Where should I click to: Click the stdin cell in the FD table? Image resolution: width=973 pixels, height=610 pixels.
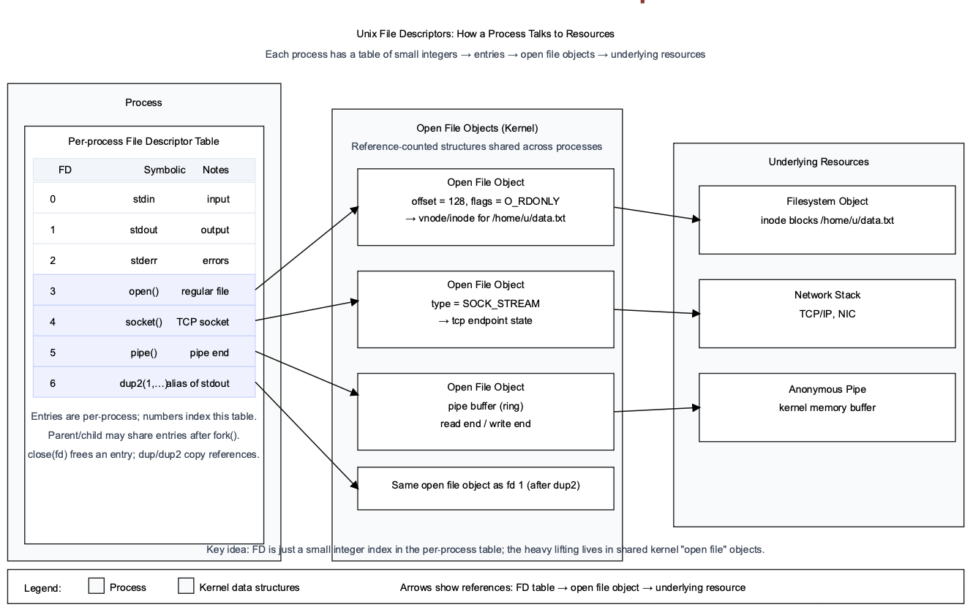[143, 199]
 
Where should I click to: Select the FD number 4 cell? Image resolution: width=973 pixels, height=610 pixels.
[53, 322]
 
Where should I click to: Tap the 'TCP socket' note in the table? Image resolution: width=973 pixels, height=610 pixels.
[203, 322]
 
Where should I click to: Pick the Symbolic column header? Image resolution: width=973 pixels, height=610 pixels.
[165, 170]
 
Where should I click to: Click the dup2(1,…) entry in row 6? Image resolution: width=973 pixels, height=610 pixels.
[143, 383]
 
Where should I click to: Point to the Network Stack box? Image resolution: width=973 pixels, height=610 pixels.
[827, 313]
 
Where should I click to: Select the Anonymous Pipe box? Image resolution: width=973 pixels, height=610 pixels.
[827, 407]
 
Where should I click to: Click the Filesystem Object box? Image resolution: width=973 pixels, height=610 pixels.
[827, 219]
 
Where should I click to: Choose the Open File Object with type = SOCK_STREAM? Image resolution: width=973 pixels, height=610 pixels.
[485, 309]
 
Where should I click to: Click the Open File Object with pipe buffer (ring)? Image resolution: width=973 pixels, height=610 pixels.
[485, 411]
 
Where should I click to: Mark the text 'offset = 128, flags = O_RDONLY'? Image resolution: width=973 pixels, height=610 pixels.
[485, 200]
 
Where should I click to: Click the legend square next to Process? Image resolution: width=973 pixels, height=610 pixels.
[96, 587]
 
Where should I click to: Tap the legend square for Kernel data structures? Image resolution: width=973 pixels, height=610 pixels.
[187, 587]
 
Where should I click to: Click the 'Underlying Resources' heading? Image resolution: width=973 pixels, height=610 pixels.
[819, 162]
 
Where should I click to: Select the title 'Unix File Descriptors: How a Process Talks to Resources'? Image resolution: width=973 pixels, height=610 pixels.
[485, 34]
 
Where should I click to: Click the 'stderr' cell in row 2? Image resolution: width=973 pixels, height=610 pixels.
[143, 260]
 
